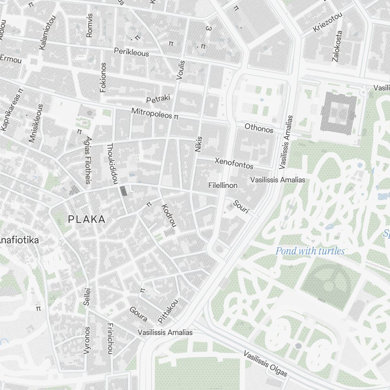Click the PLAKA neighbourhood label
pyautogui.click(x=87, y=220)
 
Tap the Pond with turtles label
pyautogui.click(x=310, y=251)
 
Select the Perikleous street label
pyautogui.click(x=131, y=52)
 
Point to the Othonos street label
pyautogui.click(x=259, y=128)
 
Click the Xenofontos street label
pyautogui.click(x=234, y=163)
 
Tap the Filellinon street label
pyautogui.click(x=223, y=186)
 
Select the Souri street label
pyautogui.click(x=241, y=207)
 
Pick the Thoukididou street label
pyautogui.click(x=112, y=163)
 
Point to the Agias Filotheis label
pyautogui.click(x=89, y=160)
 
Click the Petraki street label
pyautogui.click(x=158, y=99)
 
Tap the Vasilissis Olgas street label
pyautogui.click(x=266, y=364)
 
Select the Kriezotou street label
pyautogui.click(x=328, y=23)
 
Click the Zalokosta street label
pyautogui.click(x=337, y=46)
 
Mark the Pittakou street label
pyautogui.click(x=168, y=310)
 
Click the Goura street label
pyautogui.click(x=138, y=314)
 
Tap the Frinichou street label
pyautogui.click(x=110, y=339)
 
